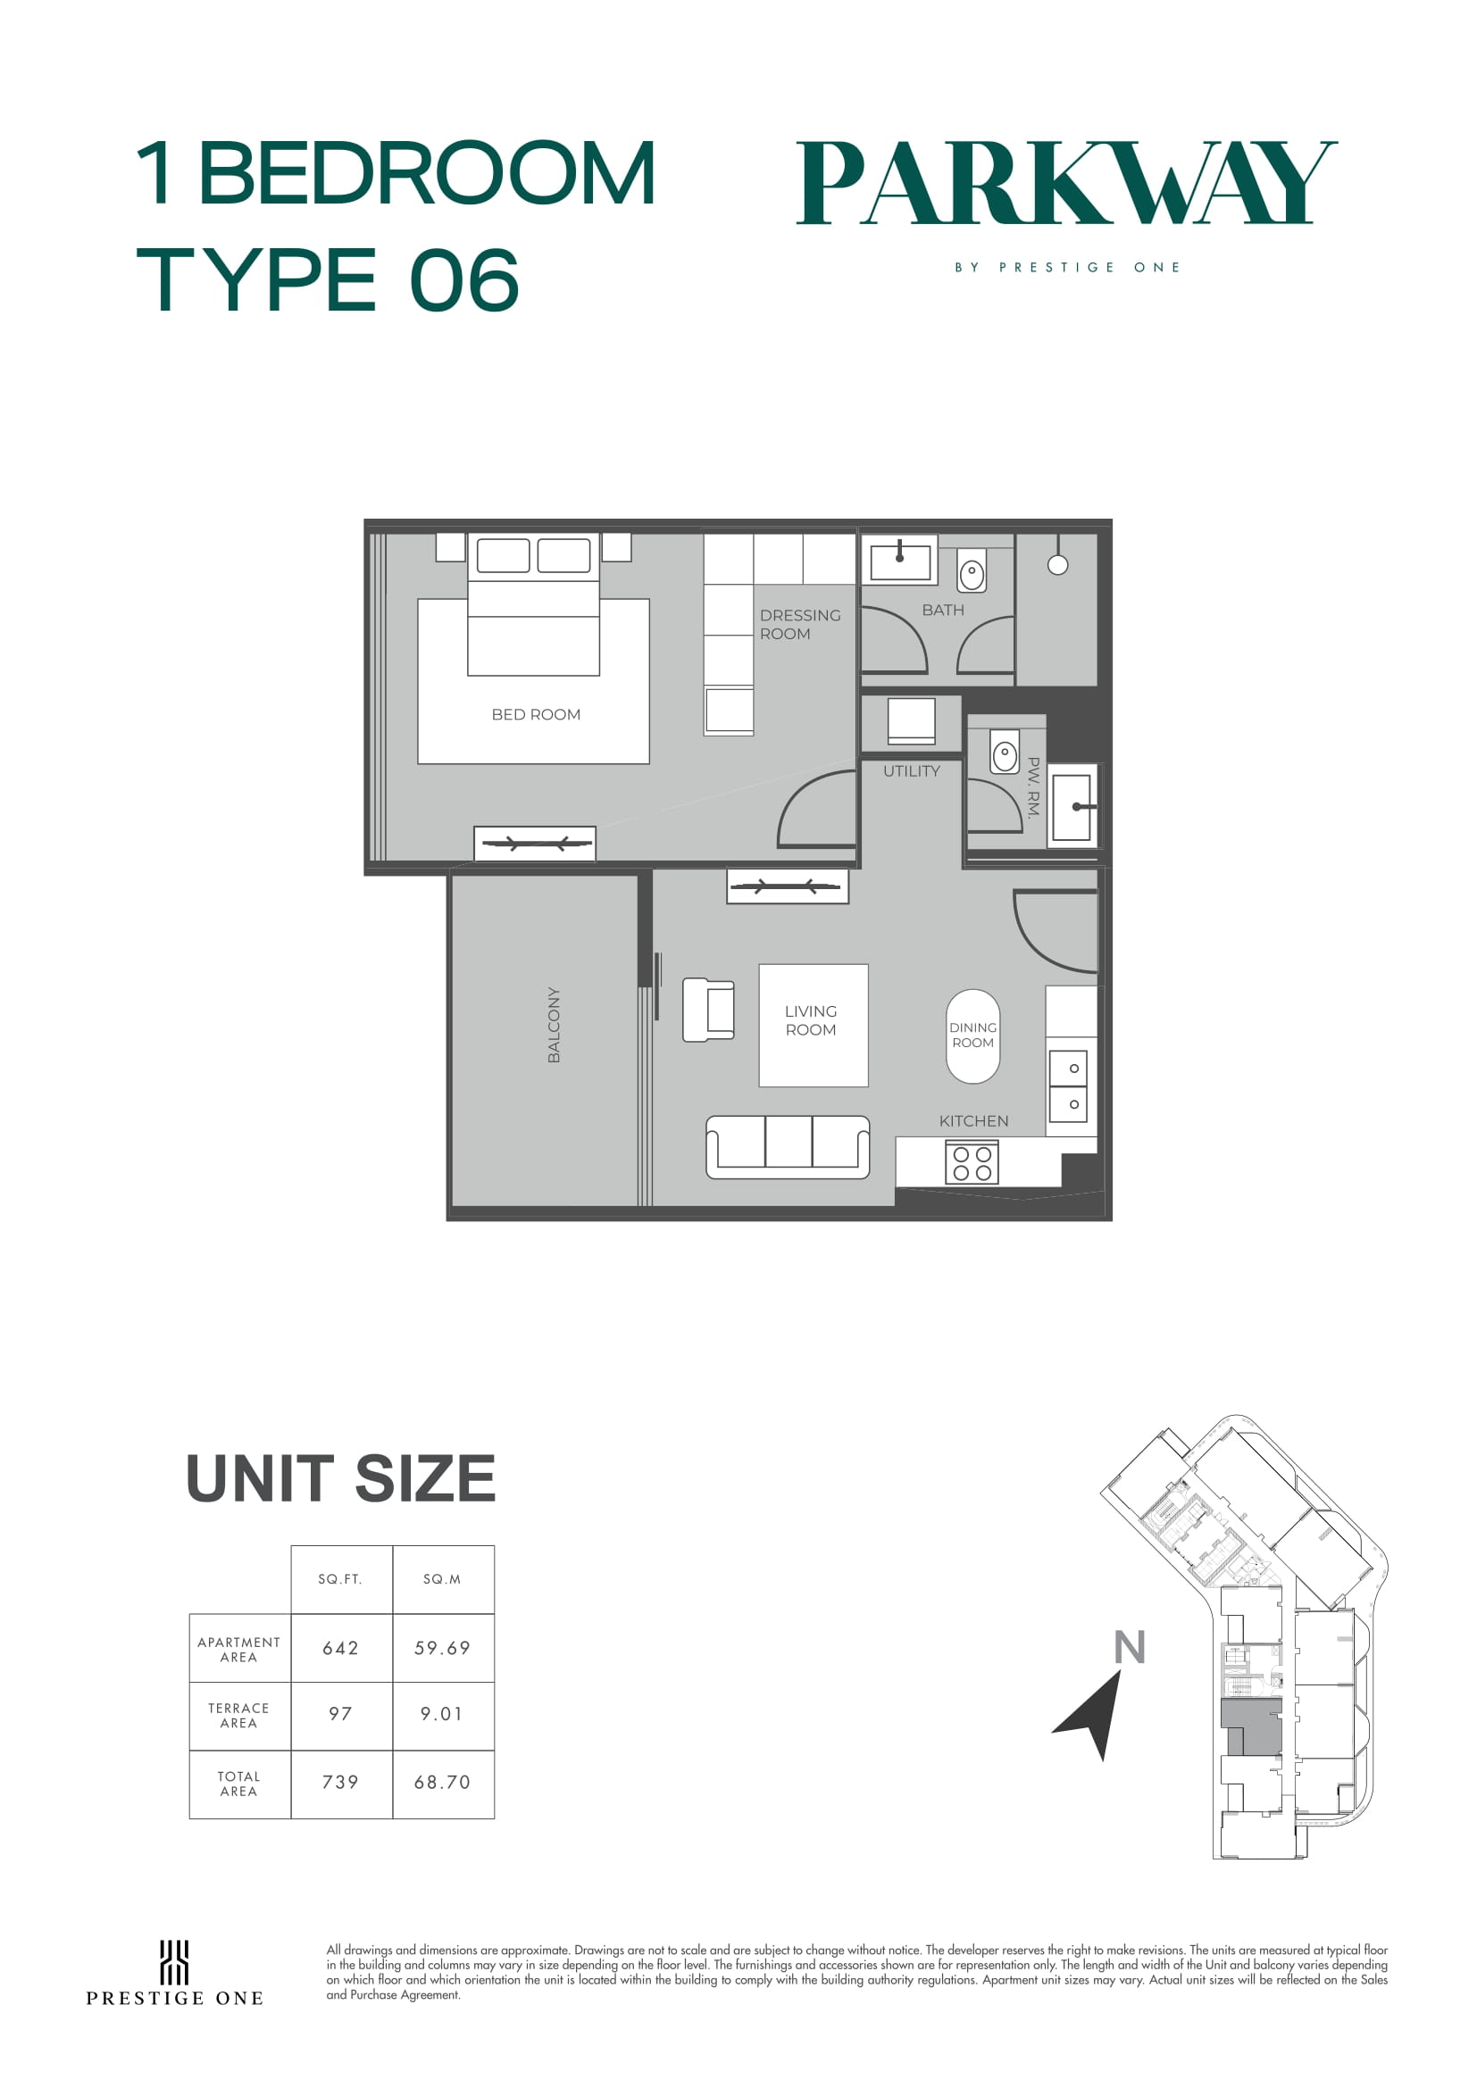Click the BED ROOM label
click(x=536, y=715)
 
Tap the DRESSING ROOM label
click(x=800, y=625)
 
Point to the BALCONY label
click(x=554, y=1025)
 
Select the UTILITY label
click(x=912, y=771)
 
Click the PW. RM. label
click(x=1033, y=788)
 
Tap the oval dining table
click(x=973, y=1036)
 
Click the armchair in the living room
click(x=708, y=1010)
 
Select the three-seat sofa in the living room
click(x=788, y=1147)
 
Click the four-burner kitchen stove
click(x=972, y=1163)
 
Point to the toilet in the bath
click(x=972, y=572)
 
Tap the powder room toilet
click(x=1004, y=753)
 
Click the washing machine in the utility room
click(x=912, y=721)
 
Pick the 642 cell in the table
click(x=341, y=1648)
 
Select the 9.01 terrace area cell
click(x=442, y=1714)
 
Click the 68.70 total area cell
click(x=443, y=1783)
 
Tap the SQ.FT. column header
click(x=340, y=1580)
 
